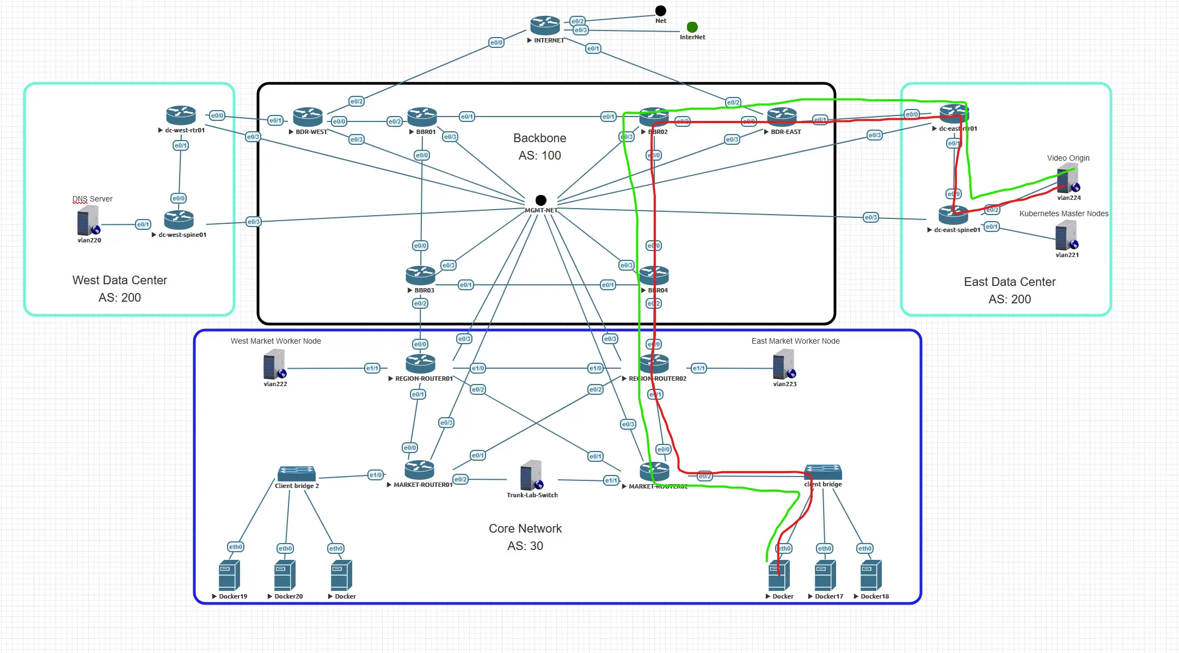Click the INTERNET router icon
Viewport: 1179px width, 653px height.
tap(545, 25)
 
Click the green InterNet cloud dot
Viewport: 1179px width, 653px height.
tap(692, 27)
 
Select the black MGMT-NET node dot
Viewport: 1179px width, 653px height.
tap(541, 200)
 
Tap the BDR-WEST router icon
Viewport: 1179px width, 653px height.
tap(308, 117)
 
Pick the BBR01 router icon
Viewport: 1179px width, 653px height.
tap(422, 117)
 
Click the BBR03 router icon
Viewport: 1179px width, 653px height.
tap(420, 276)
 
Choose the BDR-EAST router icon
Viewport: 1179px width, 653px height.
tap(782, 117)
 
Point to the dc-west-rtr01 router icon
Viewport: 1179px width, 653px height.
tap(181, 115)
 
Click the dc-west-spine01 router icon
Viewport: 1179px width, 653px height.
tap(179, 220)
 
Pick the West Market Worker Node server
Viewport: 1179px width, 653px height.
tap(274, 364)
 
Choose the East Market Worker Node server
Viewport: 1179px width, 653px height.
tap(784, 364)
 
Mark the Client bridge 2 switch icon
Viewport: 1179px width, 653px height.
tap(296, 473)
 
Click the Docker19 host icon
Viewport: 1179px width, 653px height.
tap(229, 576)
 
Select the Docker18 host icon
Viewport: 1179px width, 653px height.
tap(871, 576)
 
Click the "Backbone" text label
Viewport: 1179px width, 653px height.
tap(539, 138)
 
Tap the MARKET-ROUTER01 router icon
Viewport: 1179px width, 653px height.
tap(419, 470)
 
